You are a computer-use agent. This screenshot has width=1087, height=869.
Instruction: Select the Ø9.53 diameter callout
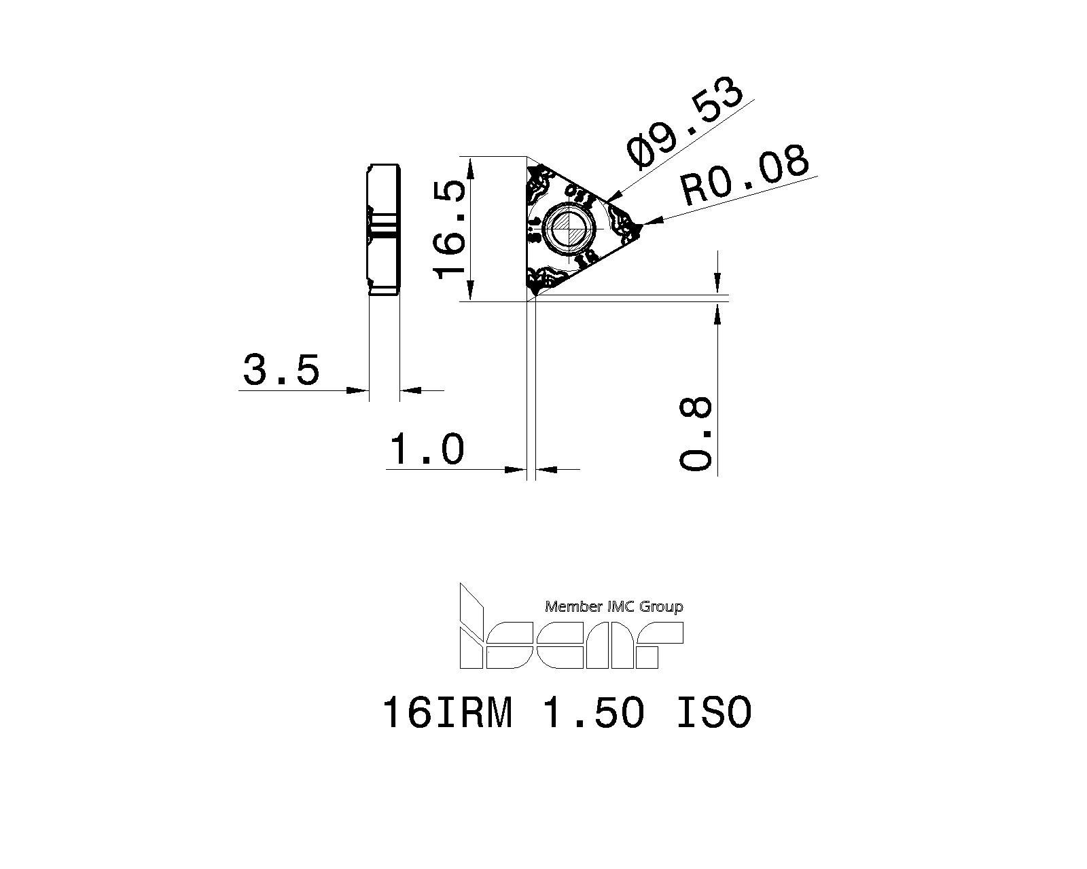[685, 123]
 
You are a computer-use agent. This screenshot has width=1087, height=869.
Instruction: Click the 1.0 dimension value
[427, 449]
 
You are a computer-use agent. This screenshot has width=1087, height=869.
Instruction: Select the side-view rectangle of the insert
[384, 229]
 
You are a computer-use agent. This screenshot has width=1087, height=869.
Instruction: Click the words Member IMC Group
[613, 607]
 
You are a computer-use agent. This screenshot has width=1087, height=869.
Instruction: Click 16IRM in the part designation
[446, 713]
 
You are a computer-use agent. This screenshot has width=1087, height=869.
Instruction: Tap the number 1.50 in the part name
[593, 713]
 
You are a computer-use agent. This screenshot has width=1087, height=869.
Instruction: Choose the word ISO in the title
[713, 713]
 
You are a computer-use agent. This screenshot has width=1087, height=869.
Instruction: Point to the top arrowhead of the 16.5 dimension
[468, 164]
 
